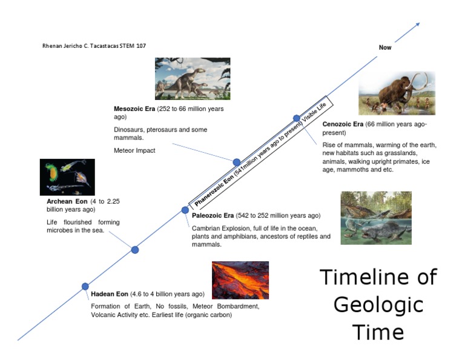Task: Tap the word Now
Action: [385, 47]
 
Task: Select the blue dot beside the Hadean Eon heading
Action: [85, 287]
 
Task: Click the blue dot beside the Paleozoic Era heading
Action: [185, 210]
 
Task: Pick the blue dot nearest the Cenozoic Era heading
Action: [296, 118]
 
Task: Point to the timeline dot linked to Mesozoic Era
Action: [237, 162]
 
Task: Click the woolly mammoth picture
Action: [397, 93]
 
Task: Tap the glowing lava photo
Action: [240, 280]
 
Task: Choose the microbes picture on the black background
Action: [67, 177]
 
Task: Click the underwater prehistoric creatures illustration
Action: [375, 218]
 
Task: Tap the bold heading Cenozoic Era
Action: [343, 124]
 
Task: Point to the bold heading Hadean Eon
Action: [110, 294]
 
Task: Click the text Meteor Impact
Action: [134, 150]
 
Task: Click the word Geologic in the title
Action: [378, 305]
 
